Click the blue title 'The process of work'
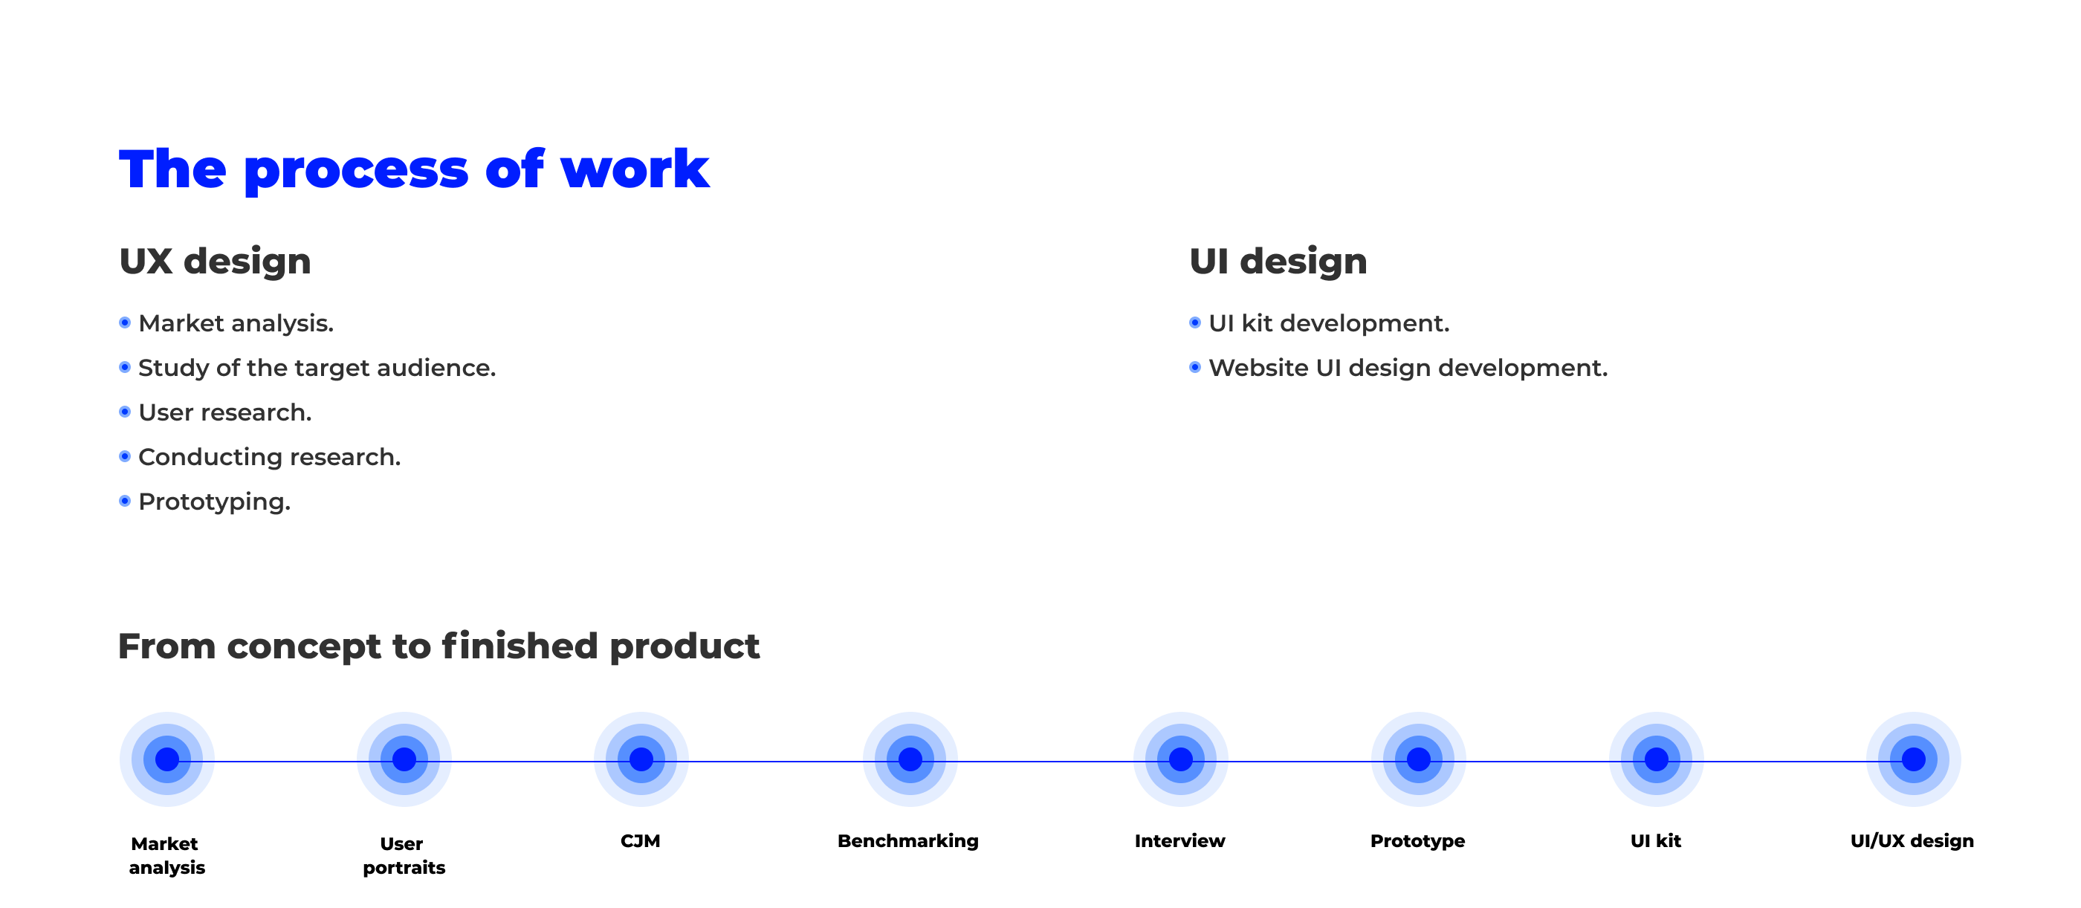tap(414, 170)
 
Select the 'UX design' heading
tap(215, 262)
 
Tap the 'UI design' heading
tap(1278, 262)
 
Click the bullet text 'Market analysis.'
tap(236, 323)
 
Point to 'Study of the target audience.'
tap(317, 368)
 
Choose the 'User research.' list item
tap(224, 412)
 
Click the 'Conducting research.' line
tap(269, 457)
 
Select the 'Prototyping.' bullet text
tap(214, 502)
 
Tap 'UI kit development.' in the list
tap(1329, 323)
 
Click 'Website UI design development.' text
tap(1408, 368)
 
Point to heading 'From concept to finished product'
tap(438, 646)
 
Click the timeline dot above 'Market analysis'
tap(167, 759)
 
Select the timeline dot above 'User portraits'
tap(404, 759)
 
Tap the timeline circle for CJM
tap(641, 759)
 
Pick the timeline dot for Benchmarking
tap(910, 759)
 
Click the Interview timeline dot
tap(1180, 759)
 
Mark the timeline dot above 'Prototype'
tap(1418, 759)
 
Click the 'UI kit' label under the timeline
tap(1655, 841)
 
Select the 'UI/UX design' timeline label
tap(1912, 841)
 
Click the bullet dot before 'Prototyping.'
tap(124, 501)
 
